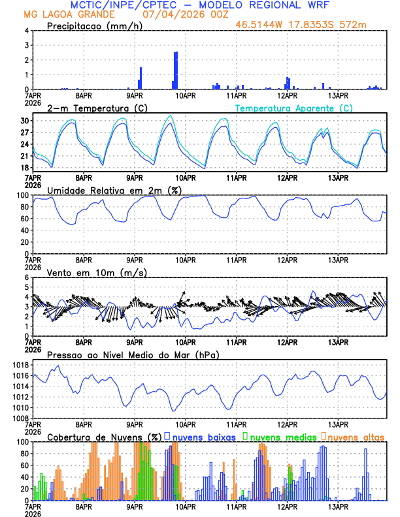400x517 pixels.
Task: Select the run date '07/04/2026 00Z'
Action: (181, 14)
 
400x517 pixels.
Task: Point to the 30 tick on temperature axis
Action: (24, 121)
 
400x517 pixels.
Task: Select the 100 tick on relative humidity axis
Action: (22, 195)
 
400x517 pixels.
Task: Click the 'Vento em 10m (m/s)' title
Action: (97, 272)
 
